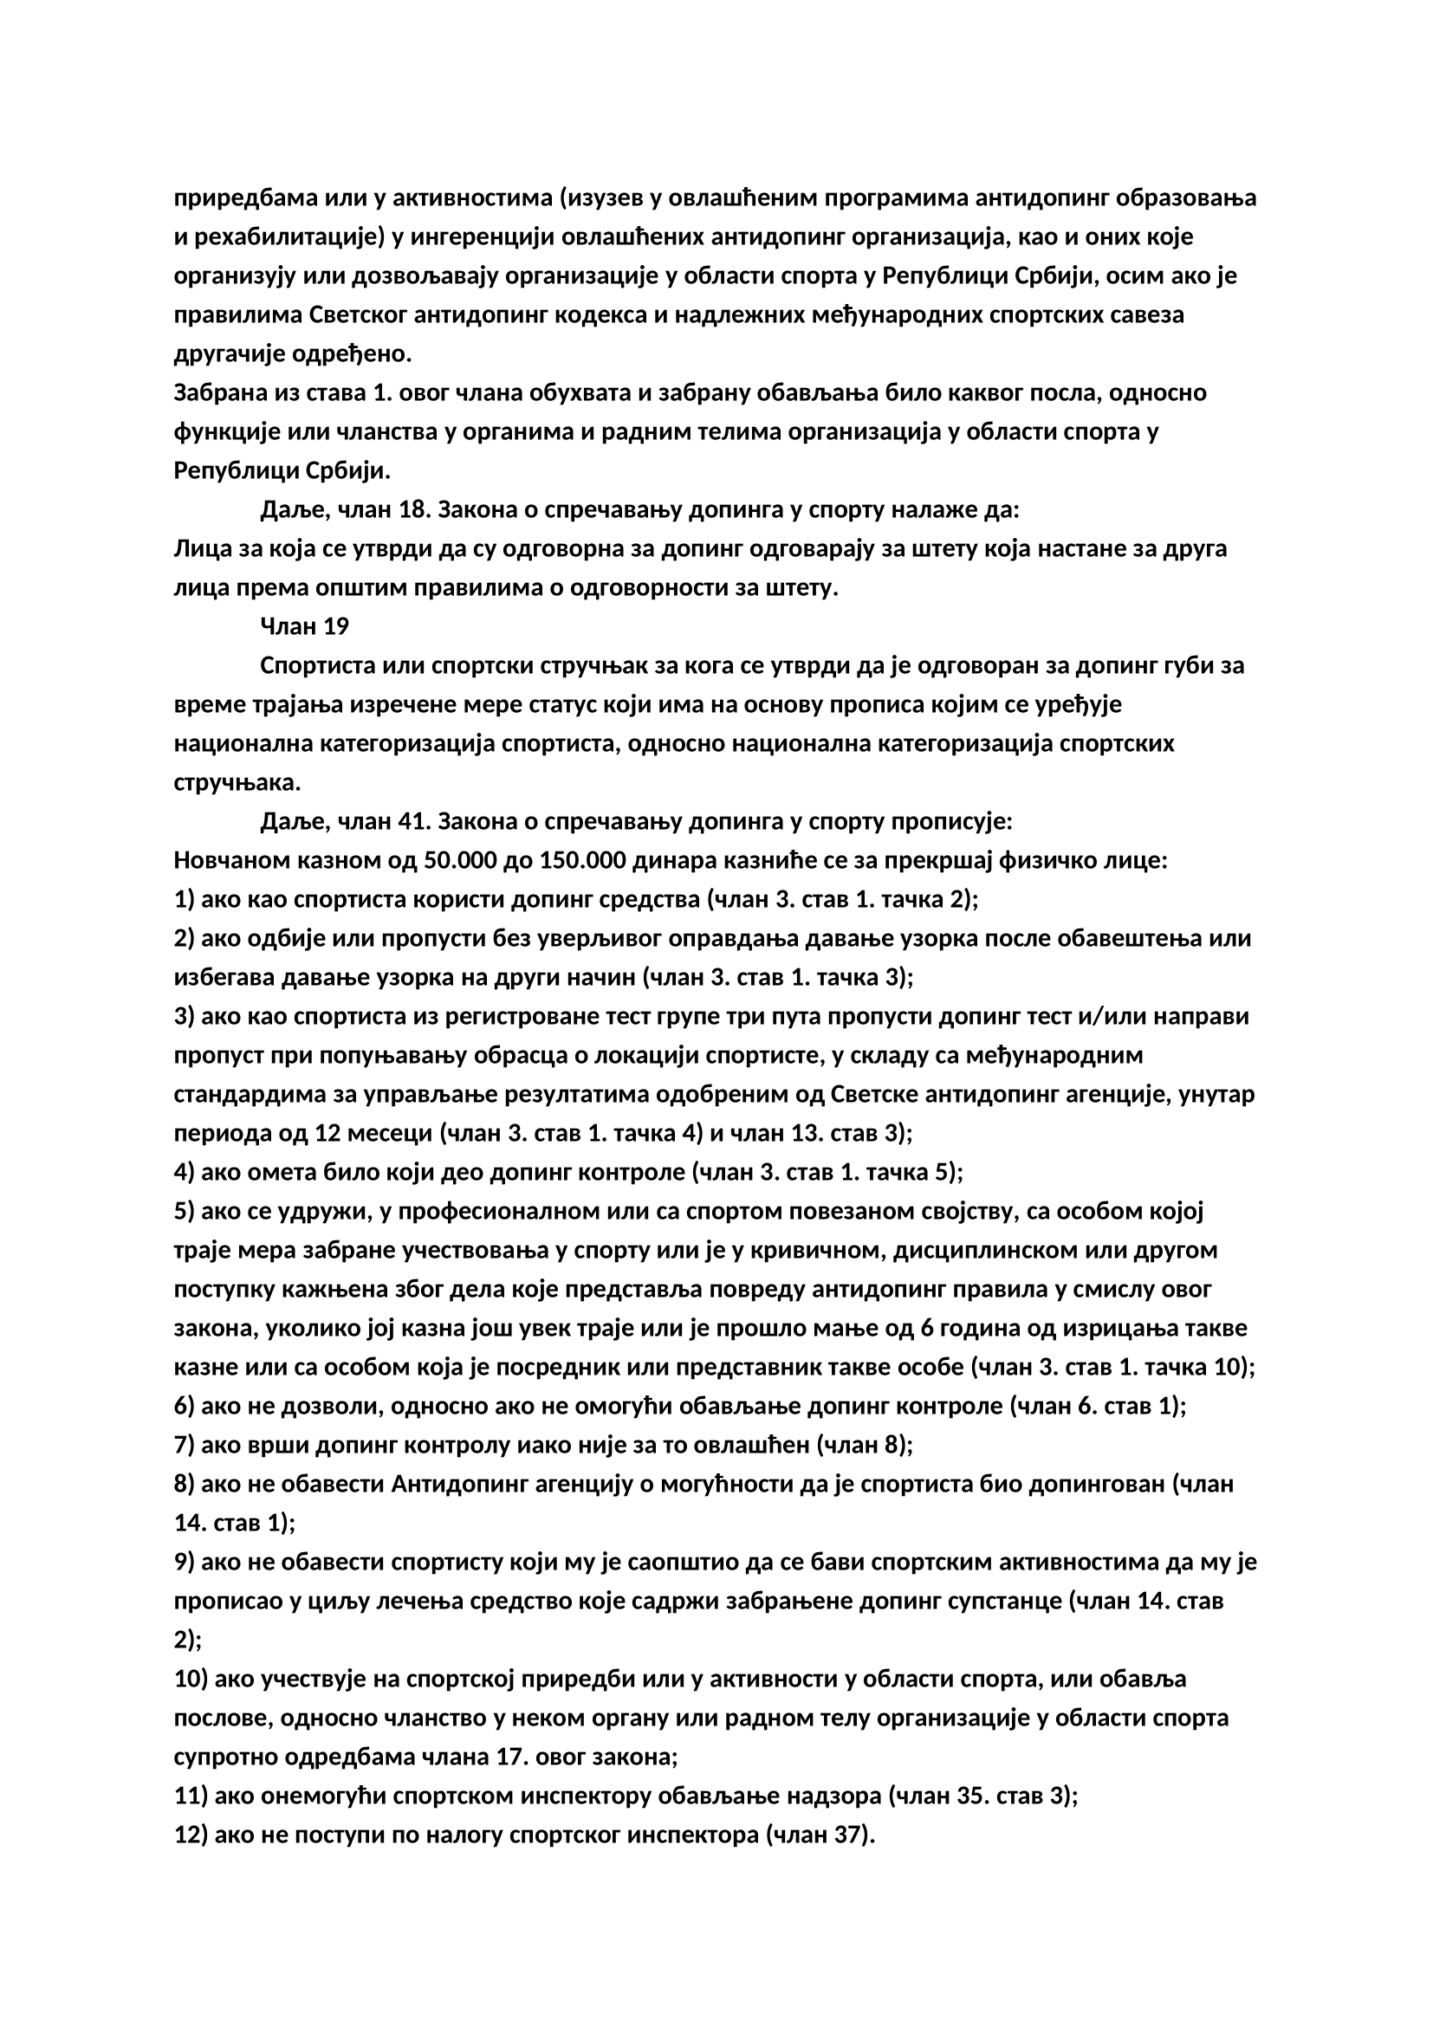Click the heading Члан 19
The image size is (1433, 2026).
coord(304,626)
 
